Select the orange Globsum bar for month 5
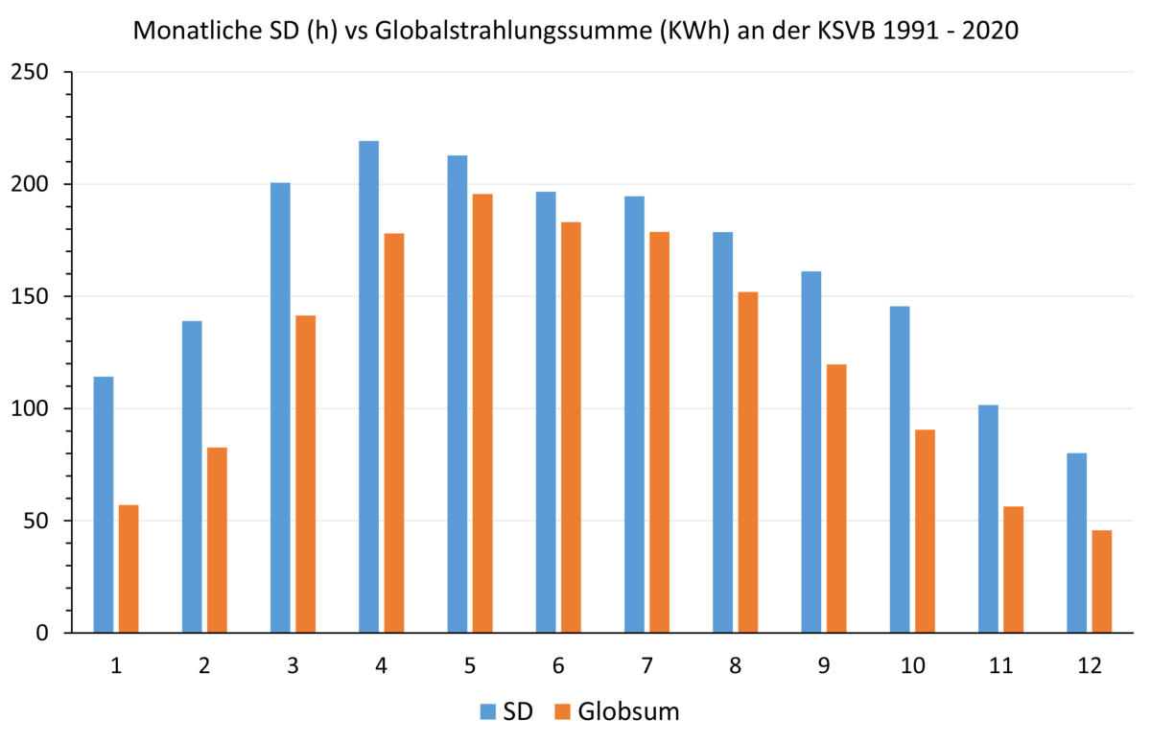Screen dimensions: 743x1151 coord(482,413)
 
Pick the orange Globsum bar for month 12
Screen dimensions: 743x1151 coord(1102,581)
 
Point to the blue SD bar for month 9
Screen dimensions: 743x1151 coord(810,452)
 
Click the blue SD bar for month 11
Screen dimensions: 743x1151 coord(988,519)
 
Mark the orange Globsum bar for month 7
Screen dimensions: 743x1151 coord(659,431)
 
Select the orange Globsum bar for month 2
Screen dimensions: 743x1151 coord(217,540)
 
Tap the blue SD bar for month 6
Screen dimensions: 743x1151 coord(546,412)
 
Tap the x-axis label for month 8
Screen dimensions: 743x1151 coord(735,665)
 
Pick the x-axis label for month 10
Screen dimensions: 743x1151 coord(911,665)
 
